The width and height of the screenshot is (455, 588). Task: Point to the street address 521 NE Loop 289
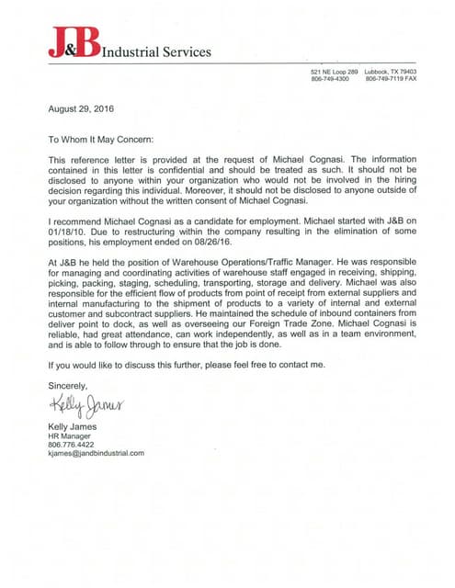point(334,72)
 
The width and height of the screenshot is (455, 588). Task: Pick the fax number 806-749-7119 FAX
point(391,79)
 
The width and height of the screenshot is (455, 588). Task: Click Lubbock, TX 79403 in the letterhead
point(390,72)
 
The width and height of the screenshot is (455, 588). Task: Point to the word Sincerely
point(69,386)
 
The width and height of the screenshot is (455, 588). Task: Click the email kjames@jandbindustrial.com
point(97,454)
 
